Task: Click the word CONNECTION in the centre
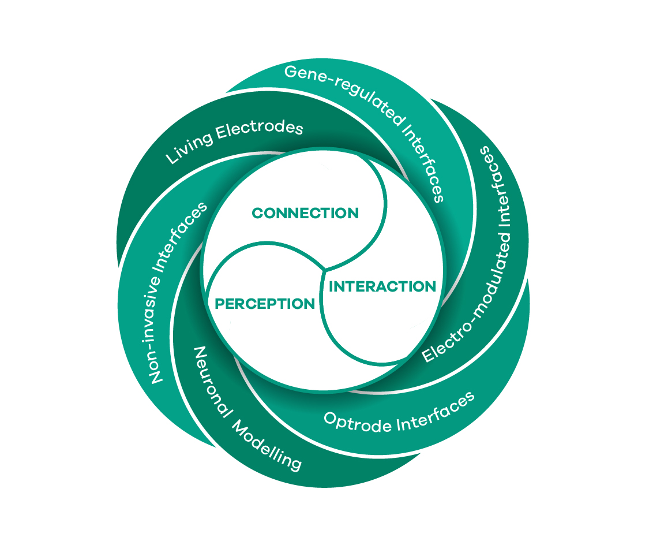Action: [305, 213]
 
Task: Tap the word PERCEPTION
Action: [265, 304]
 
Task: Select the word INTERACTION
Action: [382, 286]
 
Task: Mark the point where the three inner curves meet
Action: [325, 269]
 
